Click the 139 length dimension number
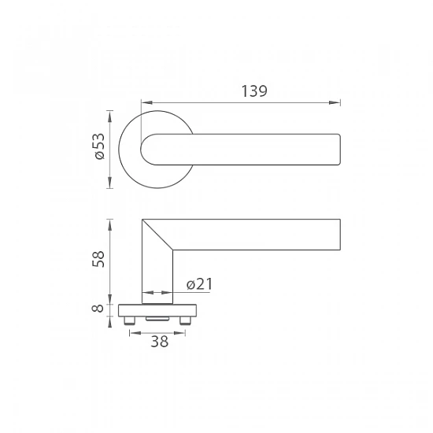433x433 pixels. (x=254, y=91)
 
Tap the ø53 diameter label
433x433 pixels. (x=99, y=146)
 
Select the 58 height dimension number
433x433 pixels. (x=98, y=259)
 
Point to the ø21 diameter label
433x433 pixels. (x=200, y=284)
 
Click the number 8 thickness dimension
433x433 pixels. (x=98, y=308)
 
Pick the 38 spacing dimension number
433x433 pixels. (x=159, y=342)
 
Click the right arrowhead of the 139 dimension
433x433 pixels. (x=335, y=102)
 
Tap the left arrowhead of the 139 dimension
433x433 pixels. (x=147, y=102)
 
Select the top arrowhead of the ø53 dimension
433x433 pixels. (x=110, y=117)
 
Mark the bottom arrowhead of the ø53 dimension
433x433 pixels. (x=110, y=183)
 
